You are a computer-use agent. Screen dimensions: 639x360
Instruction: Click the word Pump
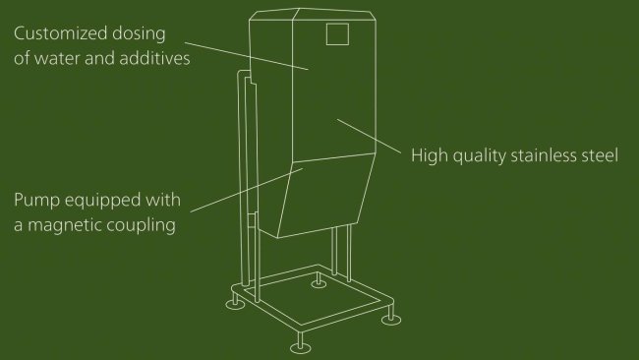click(36, 202)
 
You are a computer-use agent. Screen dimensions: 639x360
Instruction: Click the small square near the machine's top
click(337, 34)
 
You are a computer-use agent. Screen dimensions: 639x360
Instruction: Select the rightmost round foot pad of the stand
click(391, 316)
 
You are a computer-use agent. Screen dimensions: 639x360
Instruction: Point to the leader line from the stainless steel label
click(369, 136)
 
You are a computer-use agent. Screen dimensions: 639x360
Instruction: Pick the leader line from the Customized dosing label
click(246, 53)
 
